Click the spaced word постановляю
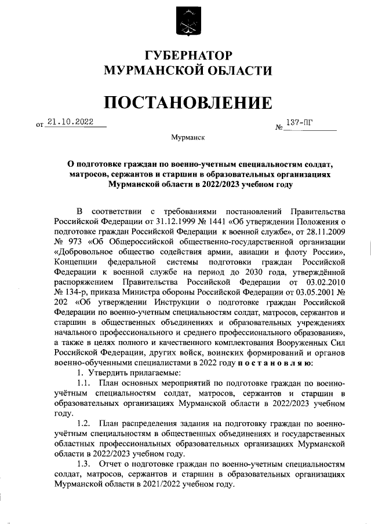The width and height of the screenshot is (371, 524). point(276,363)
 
